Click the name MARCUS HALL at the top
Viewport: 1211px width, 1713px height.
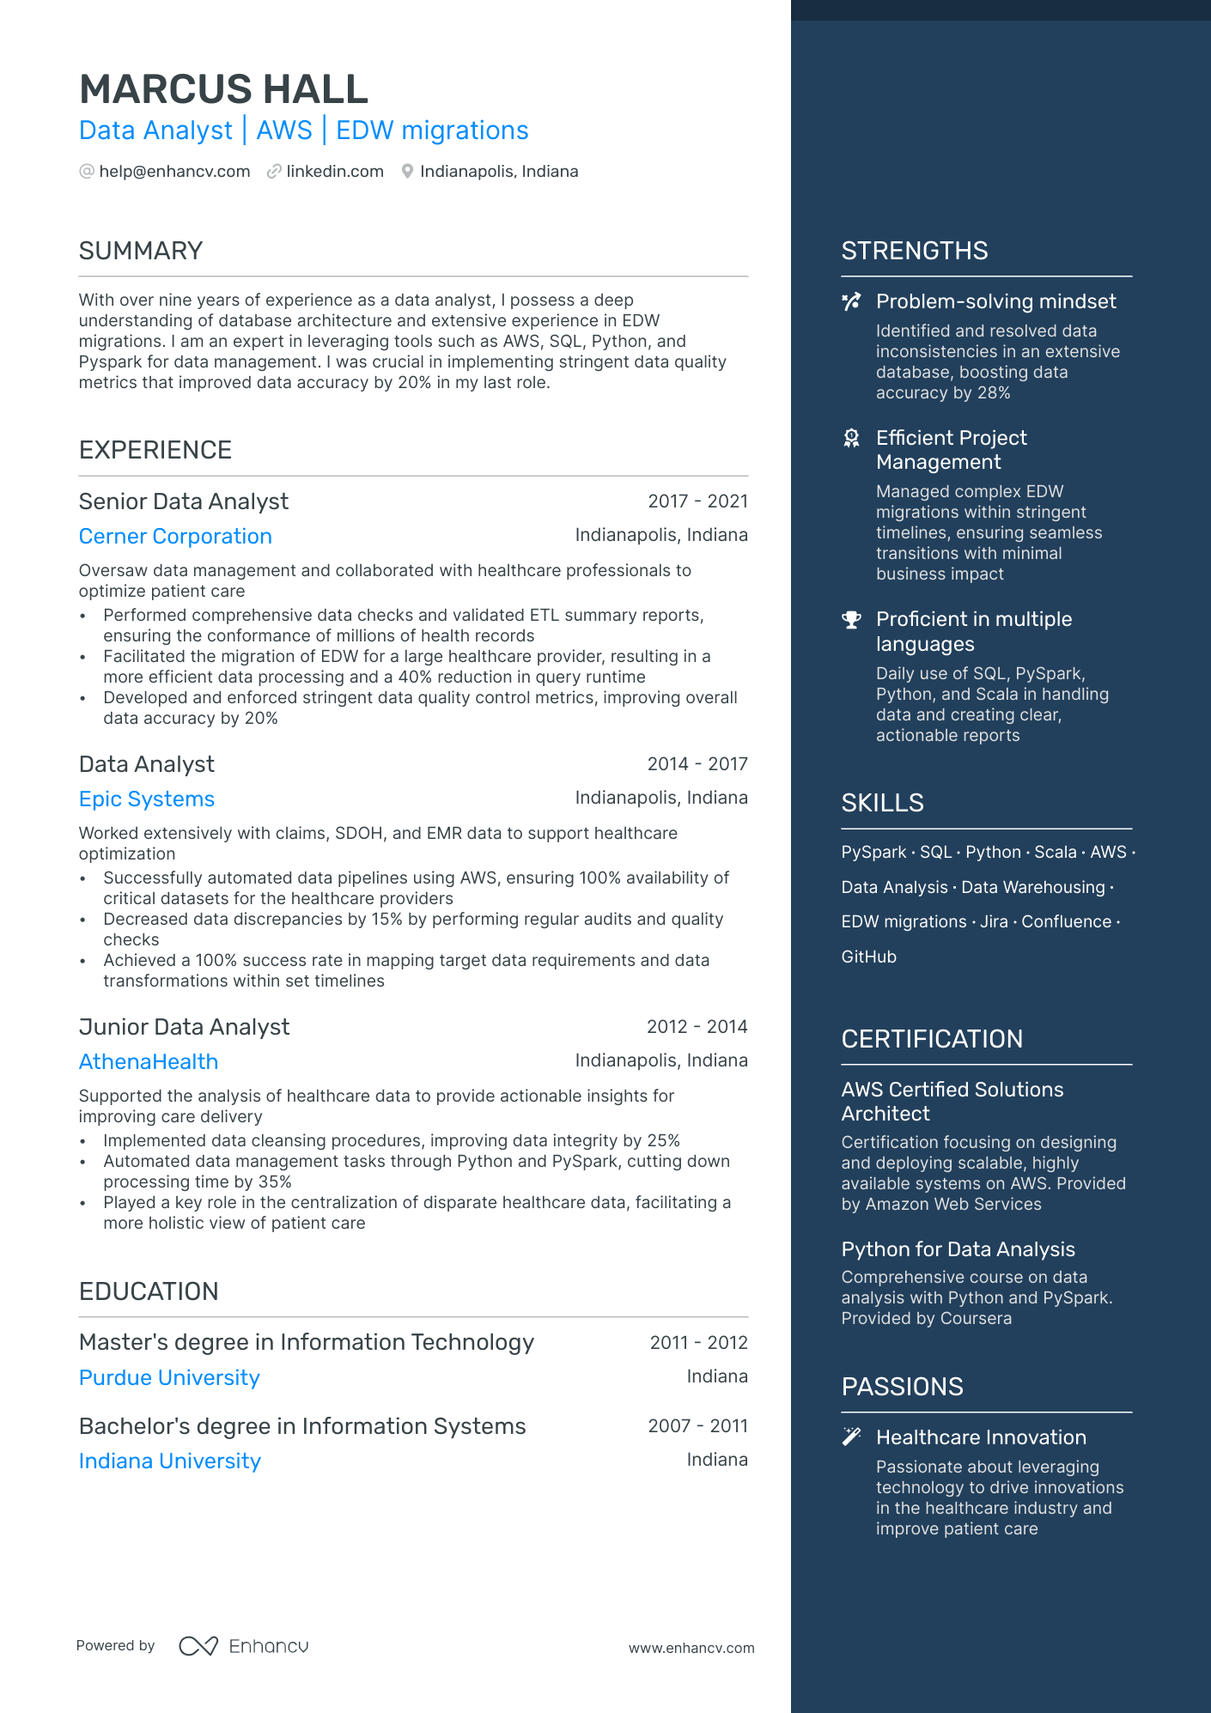[x=223, y=89]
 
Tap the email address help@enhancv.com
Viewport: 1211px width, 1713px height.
[x=174, y=172]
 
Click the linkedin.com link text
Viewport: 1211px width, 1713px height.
[x=335, y=172]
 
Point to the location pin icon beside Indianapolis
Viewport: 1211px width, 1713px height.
[x=407, y=172]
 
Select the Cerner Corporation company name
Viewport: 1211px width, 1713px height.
[x=175, y=537]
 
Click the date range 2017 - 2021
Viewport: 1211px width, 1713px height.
[x=697, y=501]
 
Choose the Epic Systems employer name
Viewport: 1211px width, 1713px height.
[x=147, y=799]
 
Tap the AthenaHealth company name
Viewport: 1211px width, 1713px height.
[x=149, y=1062]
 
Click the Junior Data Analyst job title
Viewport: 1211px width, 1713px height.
[x=184, y=1027]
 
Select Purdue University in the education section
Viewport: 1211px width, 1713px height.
[x=169, y=1378]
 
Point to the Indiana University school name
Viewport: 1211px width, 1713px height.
[x=170, y=1461]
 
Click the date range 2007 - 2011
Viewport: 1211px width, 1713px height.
[x=697, y=1426]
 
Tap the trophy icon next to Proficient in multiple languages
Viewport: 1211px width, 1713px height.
[x=851, y=620]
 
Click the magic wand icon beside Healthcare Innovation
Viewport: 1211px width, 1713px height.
[x=851, y=1437]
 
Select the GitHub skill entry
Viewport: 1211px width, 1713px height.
[x=868, y=957]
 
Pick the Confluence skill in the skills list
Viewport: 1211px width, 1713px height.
[x=1066, y=922]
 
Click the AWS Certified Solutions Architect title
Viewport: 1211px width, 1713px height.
[x=952, y=1102]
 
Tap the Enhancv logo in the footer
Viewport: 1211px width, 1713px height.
[x=244, y=1646]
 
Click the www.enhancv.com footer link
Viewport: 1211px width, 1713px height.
[x=691, y=1649]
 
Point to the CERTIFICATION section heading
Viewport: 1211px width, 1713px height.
[x=932, y=1039]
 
